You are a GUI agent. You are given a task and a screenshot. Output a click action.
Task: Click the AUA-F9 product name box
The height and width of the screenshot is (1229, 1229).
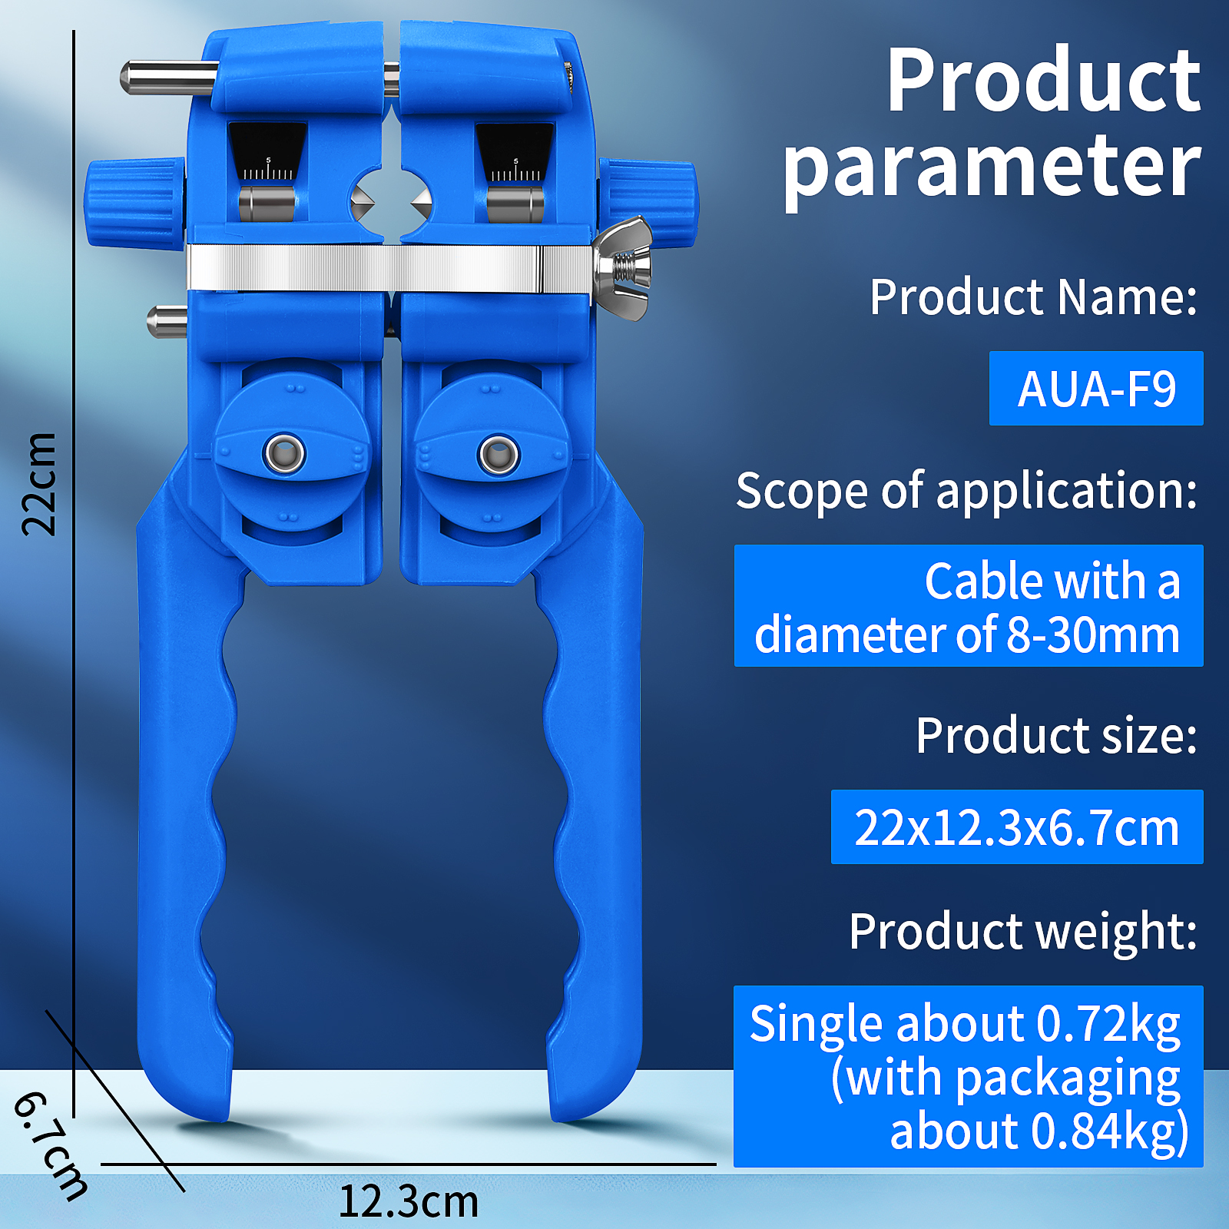click(1096, 388)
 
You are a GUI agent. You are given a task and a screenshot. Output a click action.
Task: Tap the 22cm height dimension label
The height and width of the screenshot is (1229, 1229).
click(39, 484)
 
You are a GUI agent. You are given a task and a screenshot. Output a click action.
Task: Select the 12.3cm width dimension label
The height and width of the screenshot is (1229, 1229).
click(409, 1201)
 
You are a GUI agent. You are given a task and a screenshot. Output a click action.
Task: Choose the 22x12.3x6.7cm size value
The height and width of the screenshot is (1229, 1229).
click(1017, 827)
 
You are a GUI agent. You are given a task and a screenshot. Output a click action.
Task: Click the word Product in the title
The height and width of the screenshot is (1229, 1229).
click(1043, 80)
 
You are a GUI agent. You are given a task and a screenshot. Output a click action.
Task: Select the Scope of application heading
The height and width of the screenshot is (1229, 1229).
click(966, 490)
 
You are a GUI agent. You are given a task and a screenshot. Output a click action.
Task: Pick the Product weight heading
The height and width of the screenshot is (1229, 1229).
click(1023, 933)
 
